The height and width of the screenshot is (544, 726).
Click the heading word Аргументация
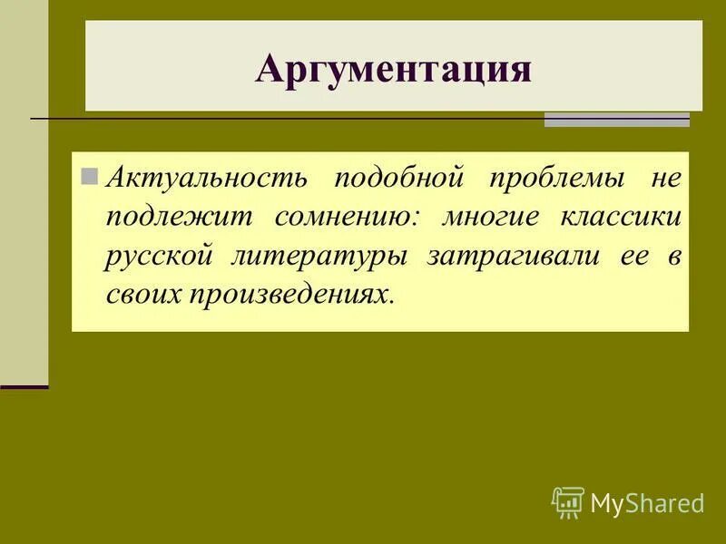coord(393,70)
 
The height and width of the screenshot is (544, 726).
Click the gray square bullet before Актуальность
coord(89,175)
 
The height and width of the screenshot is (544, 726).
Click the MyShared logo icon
coord(567,502)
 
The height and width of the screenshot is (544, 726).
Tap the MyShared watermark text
coord(647,503)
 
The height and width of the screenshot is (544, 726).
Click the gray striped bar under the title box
coord(616,120)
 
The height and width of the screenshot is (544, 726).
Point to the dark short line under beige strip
coord(24,387)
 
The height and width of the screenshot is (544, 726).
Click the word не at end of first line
coord(664,177)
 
